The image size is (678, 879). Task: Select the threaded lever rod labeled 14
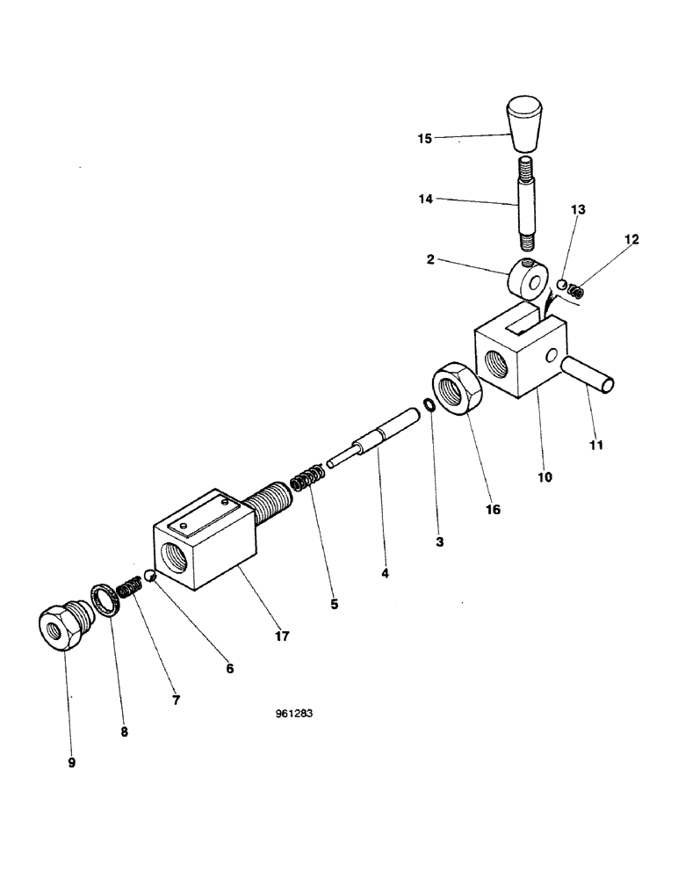coord(528,205)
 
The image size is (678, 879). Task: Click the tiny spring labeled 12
coord(576,289)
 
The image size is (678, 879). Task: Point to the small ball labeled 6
coord(150,576)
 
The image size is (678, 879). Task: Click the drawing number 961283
coord(294,714)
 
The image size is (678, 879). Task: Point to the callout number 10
coord(545,476)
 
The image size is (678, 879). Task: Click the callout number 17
coord(282,635)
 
